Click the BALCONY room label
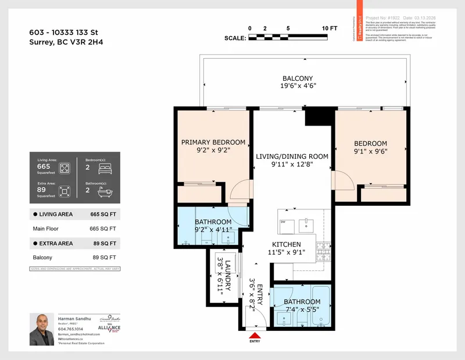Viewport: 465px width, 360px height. (x=298, y=79)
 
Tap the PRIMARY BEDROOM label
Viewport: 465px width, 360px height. (x=213, y=142)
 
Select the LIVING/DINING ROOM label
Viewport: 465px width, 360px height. (x=292, y=156)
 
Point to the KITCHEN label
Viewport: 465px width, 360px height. (x=287, y=244)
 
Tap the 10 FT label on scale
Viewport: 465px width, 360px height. (x=330, y=28)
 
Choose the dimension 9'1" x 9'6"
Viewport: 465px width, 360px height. (x=370, y=152)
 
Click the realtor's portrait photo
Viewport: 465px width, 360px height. (x=42, y=330)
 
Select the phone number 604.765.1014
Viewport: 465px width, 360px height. (x=70, y=329)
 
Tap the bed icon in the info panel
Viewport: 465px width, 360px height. (x=106, y=169)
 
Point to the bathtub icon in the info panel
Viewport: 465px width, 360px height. (x=106, y=190)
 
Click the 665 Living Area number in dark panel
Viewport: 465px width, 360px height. (x=44, y=166)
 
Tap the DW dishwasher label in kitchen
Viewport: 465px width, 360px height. (x=282, y=222)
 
